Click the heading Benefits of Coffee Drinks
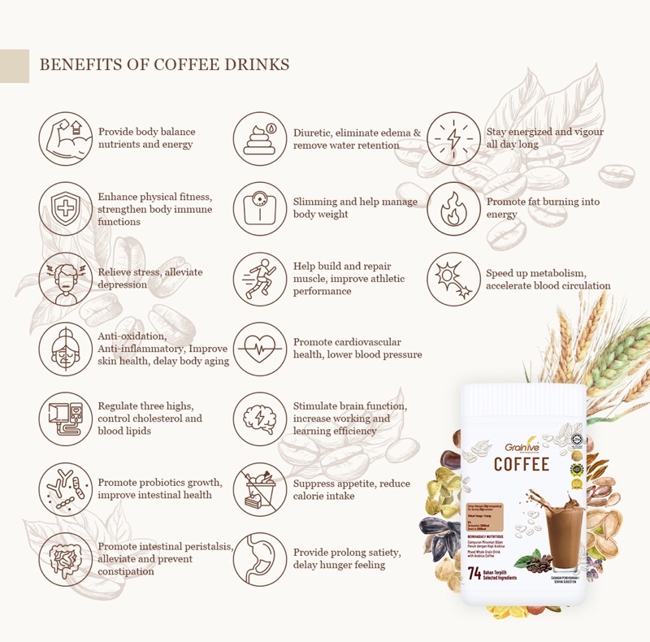[x=164, y=64]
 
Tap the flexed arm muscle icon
[x=65, y=139]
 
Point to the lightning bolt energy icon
[x=453, y=139]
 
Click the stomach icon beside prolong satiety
[x=260, y=559]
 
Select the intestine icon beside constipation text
[x=65, y=559]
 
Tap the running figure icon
[x=260, y=279]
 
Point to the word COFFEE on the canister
[x=522, y=465]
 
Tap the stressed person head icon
[x=65, y=279]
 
